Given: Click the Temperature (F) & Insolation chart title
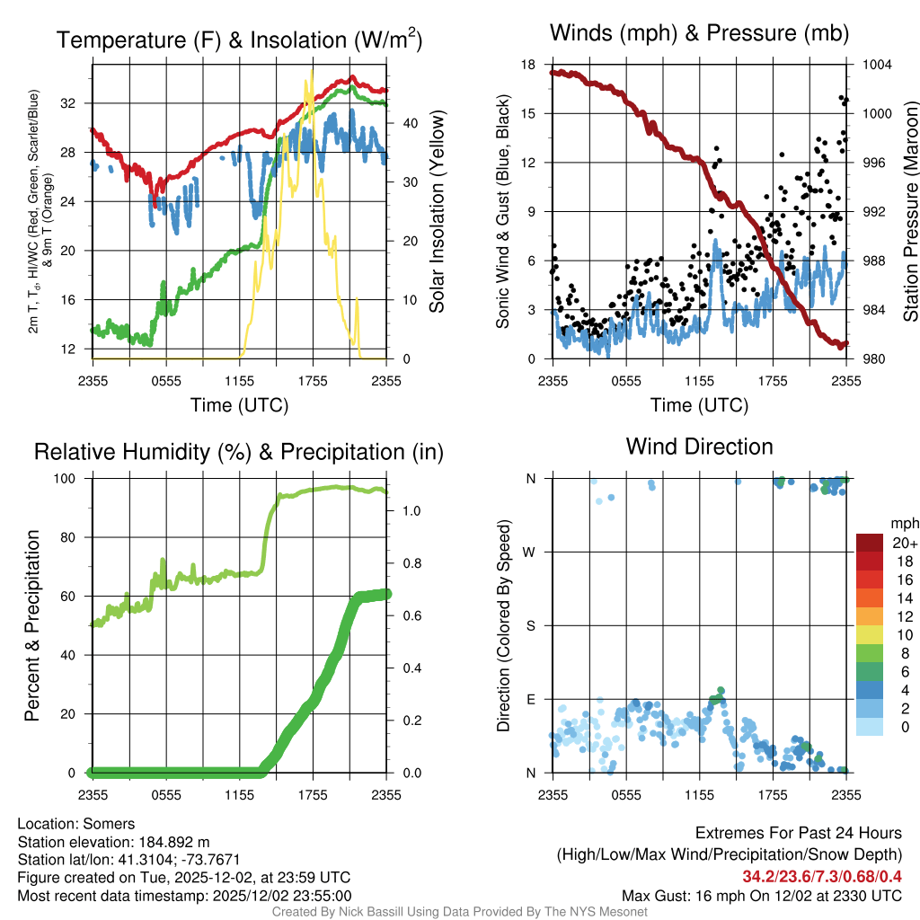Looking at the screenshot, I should pos(239,40).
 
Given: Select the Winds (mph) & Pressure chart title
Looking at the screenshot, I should pos(699,33).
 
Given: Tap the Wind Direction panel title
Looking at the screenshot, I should pos(699,447).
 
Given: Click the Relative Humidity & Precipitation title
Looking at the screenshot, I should pos(239,452).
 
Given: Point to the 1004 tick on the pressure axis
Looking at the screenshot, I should pos(876,65).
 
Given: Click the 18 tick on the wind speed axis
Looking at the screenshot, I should pos(528,65).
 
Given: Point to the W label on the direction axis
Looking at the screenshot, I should pos(530,553).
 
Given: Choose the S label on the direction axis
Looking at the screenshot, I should pos(530,626).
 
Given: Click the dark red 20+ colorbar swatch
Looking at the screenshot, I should pos(871,543).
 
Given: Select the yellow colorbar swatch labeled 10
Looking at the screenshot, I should pos(871,634).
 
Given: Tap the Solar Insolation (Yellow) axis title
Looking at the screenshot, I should pos(438,211).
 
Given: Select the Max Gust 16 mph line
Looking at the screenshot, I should pos(762,896).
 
